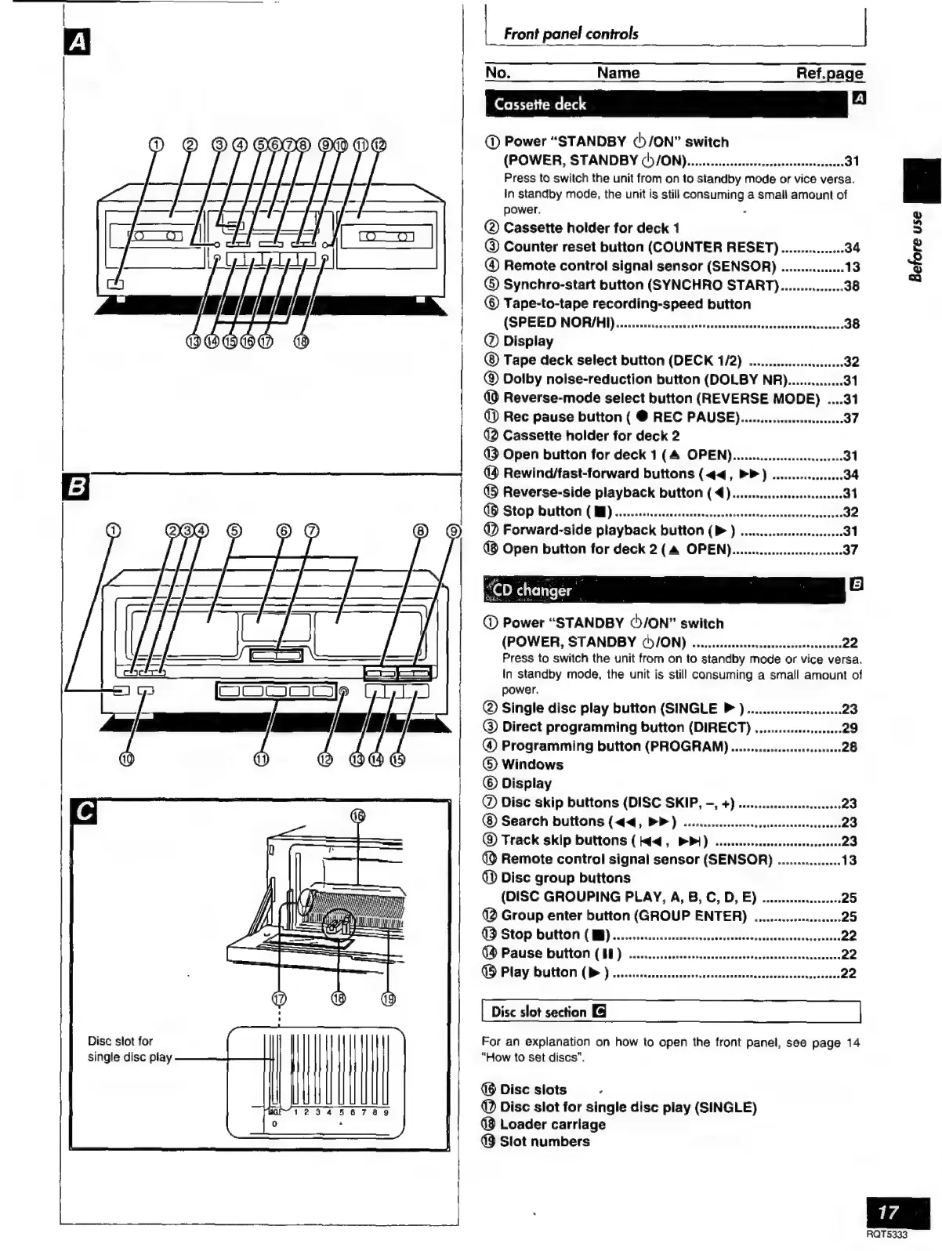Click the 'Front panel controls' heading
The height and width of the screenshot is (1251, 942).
click(571, 34)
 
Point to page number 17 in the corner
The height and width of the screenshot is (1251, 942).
click(888, 1212)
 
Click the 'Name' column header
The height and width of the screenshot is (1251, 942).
click(618, 73)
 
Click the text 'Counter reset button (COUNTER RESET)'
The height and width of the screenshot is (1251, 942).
click(640, 247)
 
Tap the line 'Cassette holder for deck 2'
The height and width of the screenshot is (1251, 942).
click(590, 436)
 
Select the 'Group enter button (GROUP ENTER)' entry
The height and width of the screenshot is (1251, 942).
click(623, 916)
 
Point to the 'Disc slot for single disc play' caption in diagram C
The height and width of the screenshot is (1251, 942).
click(129, 1049)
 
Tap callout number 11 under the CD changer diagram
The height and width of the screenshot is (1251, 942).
click(261, 759)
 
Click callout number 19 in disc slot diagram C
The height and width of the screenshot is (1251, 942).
click(388, 998)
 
